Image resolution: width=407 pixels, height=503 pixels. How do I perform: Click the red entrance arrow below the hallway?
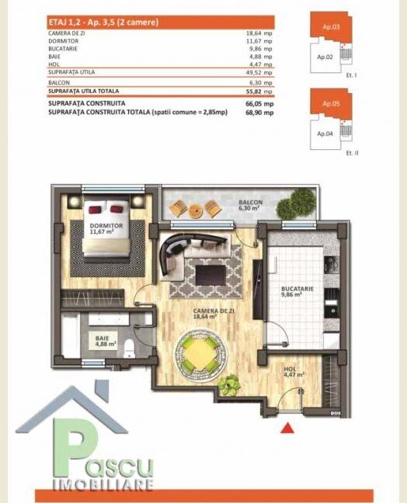coord(287,428)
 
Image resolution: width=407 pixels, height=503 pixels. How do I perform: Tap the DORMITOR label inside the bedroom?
coord(106,226)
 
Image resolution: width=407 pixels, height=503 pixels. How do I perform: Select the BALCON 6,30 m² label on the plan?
coord(250,205)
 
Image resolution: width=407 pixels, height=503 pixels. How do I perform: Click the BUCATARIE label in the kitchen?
coord(297,289)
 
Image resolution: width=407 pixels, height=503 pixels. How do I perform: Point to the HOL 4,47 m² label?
coord(294,372)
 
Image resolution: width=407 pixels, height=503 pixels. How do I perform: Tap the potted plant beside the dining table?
coord(229,384)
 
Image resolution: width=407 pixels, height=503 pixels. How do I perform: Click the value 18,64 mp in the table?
coord(259,33)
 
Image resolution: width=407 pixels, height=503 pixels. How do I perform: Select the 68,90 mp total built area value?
coord(259,113)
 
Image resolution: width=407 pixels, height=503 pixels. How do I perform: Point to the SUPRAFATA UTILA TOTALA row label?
coord(84,91)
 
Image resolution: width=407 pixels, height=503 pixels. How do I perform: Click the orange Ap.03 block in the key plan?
coord(331,27)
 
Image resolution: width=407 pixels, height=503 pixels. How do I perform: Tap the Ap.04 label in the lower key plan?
coord(325,134)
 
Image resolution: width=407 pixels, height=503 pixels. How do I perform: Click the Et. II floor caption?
coord(352,153)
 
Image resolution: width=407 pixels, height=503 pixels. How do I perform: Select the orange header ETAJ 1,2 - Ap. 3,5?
coord(161,23)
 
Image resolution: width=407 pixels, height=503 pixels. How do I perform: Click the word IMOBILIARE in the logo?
coord(103,484)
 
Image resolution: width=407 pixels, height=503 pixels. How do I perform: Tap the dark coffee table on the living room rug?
coord(210,275)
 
